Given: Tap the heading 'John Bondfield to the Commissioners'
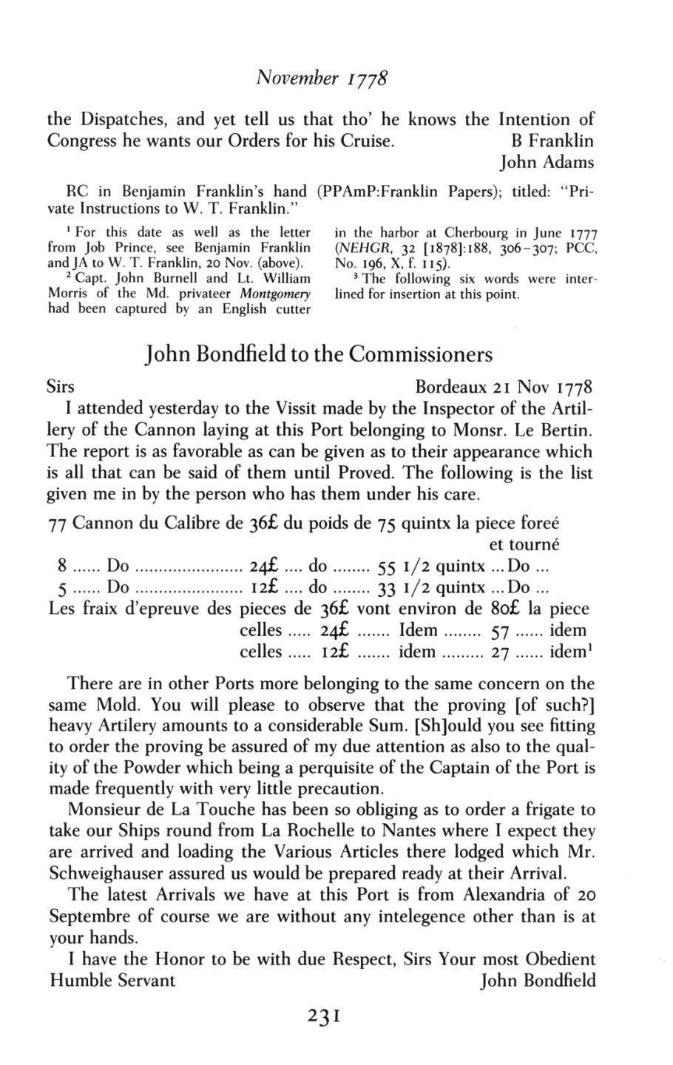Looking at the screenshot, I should pos(320,354).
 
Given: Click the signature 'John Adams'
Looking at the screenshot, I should pos(547,161).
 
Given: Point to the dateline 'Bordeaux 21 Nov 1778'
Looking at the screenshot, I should pos(504,388).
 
